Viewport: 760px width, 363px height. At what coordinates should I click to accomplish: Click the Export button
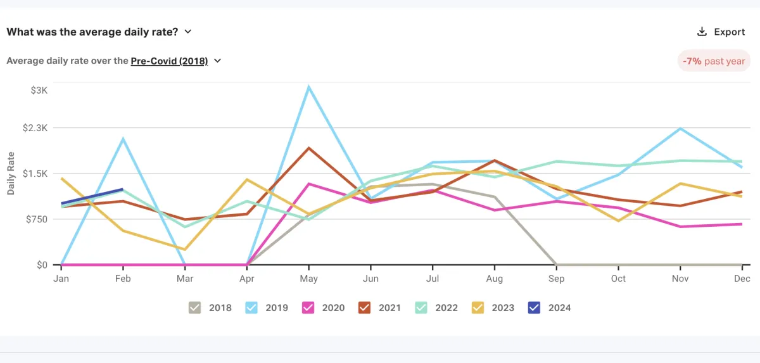[x=721, y=32]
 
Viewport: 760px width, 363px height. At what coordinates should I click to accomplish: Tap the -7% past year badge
[x=714, y=61]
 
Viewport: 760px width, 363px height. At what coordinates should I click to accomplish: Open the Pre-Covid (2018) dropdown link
[x=169, y=61]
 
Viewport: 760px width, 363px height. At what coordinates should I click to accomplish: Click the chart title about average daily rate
[x=94, y=31]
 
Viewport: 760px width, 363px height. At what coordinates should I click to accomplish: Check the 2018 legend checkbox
[x=195, y=308]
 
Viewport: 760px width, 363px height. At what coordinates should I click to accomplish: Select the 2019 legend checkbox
[x=251, y=308]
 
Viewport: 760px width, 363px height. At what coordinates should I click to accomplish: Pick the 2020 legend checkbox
[x=308, y=308]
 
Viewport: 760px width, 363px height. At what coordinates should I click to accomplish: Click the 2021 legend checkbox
[x=365, y=308]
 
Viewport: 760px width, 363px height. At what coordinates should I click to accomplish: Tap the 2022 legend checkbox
[x=421, y=308]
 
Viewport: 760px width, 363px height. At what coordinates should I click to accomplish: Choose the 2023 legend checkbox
[x=478, y=308]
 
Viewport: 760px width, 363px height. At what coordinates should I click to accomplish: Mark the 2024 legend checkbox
[x=535, y=308]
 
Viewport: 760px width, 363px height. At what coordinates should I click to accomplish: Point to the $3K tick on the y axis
[x=39, y=90]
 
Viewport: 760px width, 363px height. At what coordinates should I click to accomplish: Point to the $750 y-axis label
[x=36, y=219]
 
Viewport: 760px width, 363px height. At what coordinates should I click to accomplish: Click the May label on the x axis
[x=308, y=279]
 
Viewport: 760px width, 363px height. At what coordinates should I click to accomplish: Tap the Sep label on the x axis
[x=557, y=279]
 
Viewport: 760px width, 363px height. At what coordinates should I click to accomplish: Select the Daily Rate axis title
[x=11, y=174]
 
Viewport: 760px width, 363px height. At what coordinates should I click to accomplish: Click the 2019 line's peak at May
[x=308, y=87]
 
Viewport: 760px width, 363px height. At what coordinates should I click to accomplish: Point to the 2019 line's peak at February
[x=123, y=139]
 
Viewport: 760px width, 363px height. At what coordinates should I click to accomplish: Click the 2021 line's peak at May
[x=308, y=148]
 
